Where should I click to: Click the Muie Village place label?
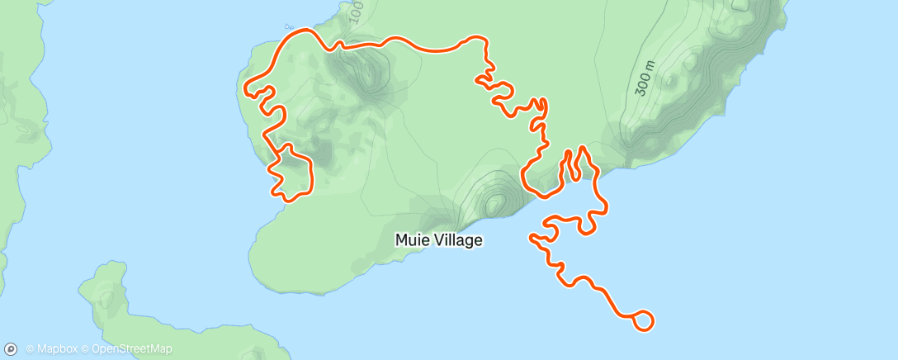[x=438, y=240]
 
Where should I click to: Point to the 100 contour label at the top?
[x=355, y=12]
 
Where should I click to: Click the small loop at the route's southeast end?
[x=644, y=320]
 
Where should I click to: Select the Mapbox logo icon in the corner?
[x=12, y=348]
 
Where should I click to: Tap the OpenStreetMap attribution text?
[x=131, y=348]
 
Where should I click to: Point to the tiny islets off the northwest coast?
[x=289, y=26]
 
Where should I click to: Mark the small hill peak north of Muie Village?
[x=494, y=201]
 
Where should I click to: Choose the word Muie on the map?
[x=411, y=240]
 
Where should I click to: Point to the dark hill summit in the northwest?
[x=363, y=70]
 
